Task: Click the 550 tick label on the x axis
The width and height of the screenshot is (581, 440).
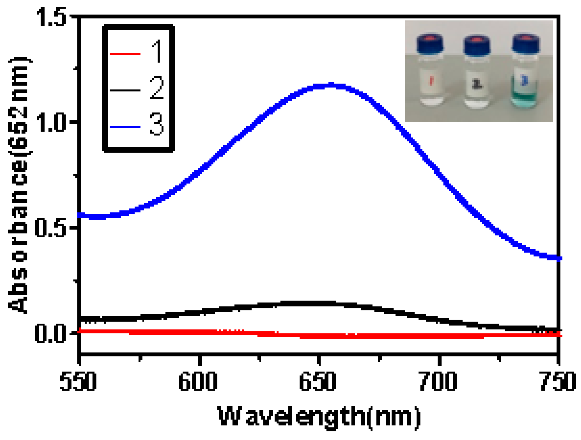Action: (78, 381)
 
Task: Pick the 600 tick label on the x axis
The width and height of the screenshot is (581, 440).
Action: (198, 381)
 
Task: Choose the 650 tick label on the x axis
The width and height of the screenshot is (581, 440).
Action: (318, 381)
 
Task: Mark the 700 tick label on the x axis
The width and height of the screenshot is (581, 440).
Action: (438, 381)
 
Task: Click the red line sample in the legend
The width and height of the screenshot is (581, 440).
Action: (125, 54)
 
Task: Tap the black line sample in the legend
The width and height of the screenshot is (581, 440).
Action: (125, 90)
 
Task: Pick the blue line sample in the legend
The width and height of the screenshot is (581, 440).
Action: (125, 127)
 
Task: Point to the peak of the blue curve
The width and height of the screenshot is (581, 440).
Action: (330, 85)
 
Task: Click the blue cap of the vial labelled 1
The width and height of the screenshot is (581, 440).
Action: (430, 44)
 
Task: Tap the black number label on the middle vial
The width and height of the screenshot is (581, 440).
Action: (477, 84)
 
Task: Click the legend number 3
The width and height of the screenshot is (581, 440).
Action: (157, 124)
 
